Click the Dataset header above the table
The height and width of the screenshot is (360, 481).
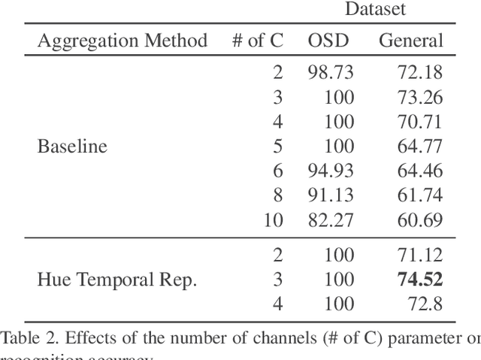point(375,9)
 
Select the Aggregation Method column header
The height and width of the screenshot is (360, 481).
point(123,41)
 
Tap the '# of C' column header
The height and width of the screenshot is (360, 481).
point(257,41)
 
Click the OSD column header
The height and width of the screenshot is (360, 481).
point(328,41)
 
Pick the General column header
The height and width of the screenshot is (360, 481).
point(410,41)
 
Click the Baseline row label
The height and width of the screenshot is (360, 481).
point(72,146)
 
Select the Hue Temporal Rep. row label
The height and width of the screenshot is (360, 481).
point(116,280)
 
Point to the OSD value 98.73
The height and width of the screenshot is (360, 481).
point(331,72)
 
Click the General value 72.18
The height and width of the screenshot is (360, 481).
point(421,72)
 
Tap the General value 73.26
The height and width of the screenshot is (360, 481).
point(421,97)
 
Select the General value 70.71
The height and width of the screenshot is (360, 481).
point(421,122)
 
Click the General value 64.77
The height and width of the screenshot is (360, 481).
point(421,146)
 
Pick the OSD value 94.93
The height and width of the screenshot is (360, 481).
point(331,171)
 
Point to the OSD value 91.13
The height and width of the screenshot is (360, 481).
point(331,195)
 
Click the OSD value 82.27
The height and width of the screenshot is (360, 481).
point(331,220)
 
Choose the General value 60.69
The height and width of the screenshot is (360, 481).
point(421,220)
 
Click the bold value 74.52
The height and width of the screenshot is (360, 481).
point(420,280)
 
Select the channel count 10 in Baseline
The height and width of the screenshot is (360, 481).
point(274,220)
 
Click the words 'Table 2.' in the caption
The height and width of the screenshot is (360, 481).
point(26,337)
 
